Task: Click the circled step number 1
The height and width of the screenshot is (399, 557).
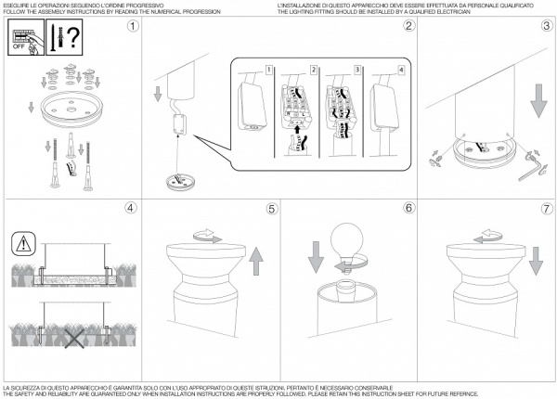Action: tap(133, 25)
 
